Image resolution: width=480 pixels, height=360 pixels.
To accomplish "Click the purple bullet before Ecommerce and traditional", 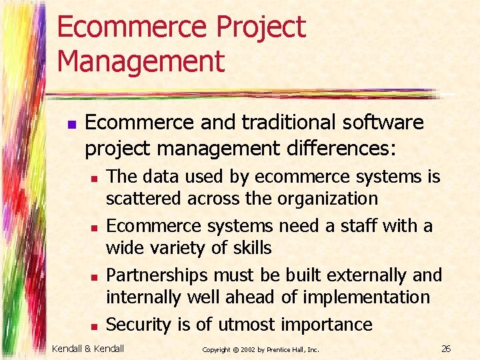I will pyautogui.click(x=71, y=124).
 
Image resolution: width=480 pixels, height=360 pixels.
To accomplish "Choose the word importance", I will pyautogui.click(x=327, y=325).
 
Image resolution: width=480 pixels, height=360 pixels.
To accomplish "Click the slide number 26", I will pyautogui.click(x=446, y=348).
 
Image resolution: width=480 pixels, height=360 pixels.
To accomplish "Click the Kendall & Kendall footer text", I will pyautogui.click(x=89, y=348).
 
